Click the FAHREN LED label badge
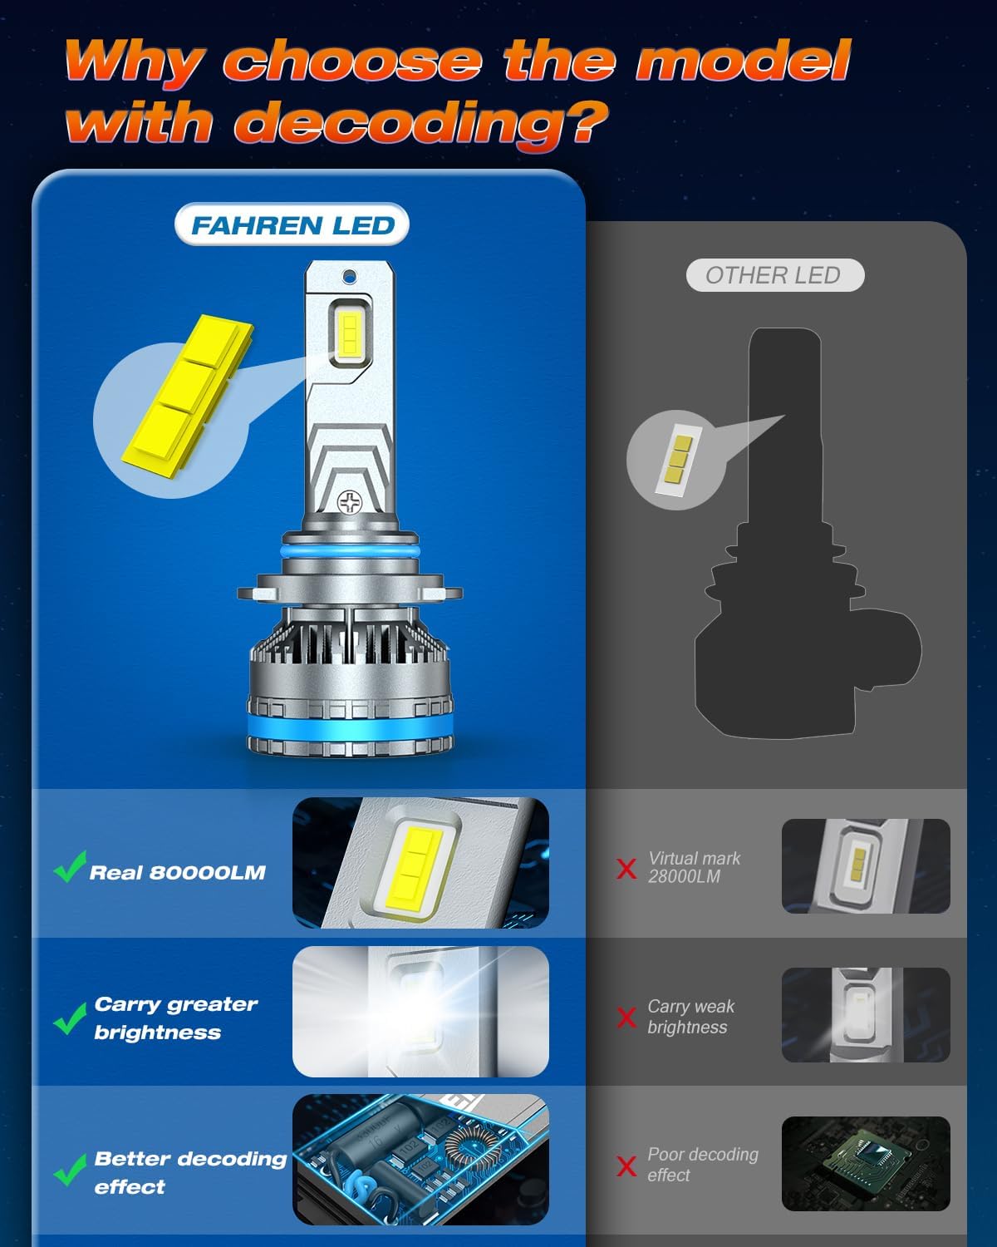pos(292,225)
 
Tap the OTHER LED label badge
pos(774,276)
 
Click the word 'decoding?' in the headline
pos(420,123)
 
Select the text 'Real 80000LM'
pos(177,873)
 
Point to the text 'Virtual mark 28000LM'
pos(694,867)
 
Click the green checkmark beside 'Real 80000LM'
pos(70,866)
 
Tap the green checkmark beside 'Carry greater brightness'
pos(70,1018)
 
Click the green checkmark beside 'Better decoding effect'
pos(70,1170)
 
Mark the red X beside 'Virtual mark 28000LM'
pos(626,869)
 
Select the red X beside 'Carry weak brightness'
pos(626,1018)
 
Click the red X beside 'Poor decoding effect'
pos(626,1166)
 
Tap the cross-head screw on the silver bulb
pos(350,501)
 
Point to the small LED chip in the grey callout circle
pos(675,459)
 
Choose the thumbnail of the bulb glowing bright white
pos(420,1012)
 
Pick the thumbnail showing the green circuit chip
pos(865,1163)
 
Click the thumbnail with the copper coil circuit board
pos(420,1159)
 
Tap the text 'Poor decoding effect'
pos(702,1165)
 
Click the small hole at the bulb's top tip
pos(350,275)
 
